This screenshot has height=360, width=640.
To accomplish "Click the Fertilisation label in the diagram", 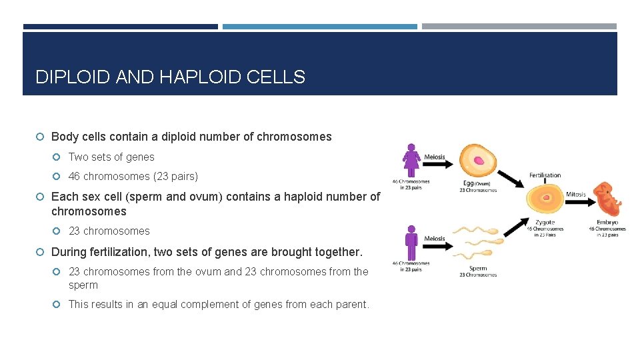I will (545, 175).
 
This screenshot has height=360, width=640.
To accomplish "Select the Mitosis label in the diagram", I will (575, 195).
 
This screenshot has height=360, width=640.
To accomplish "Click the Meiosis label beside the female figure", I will (435, 157).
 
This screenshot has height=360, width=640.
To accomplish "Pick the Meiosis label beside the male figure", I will (435, 239).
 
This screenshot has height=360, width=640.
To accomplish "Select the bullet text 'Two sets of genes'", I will (111, 157).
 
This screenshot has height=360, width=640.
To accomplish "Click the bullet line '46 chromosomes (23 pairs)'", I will (133, 177).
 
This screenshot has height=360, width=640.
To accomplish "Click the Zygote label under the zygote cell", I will (544, 222).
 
